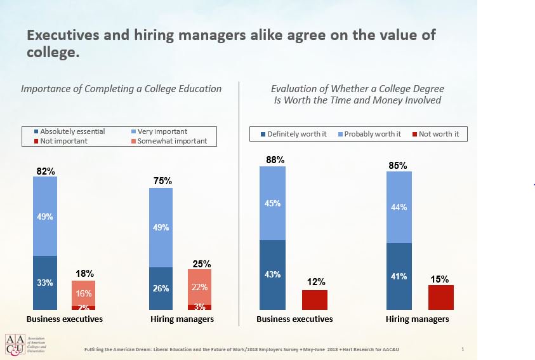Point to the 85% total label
(398, 166)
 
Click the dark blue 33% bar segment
(45, 283)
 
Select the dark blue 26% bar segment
(161, 288)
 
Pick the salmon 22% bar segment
(199, 286)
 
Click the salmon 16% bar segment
(84, 293)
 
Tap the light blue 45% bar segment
(273, 203)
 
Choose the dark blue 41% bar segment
(399, 276)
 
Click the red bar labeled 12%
(315, 300)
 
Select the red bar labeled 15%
(441, 297)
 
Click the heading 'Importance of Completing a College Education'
(121, 88)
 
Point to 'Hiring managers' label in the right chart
(417, 319)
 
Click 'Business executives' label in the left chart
(64, 319)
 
